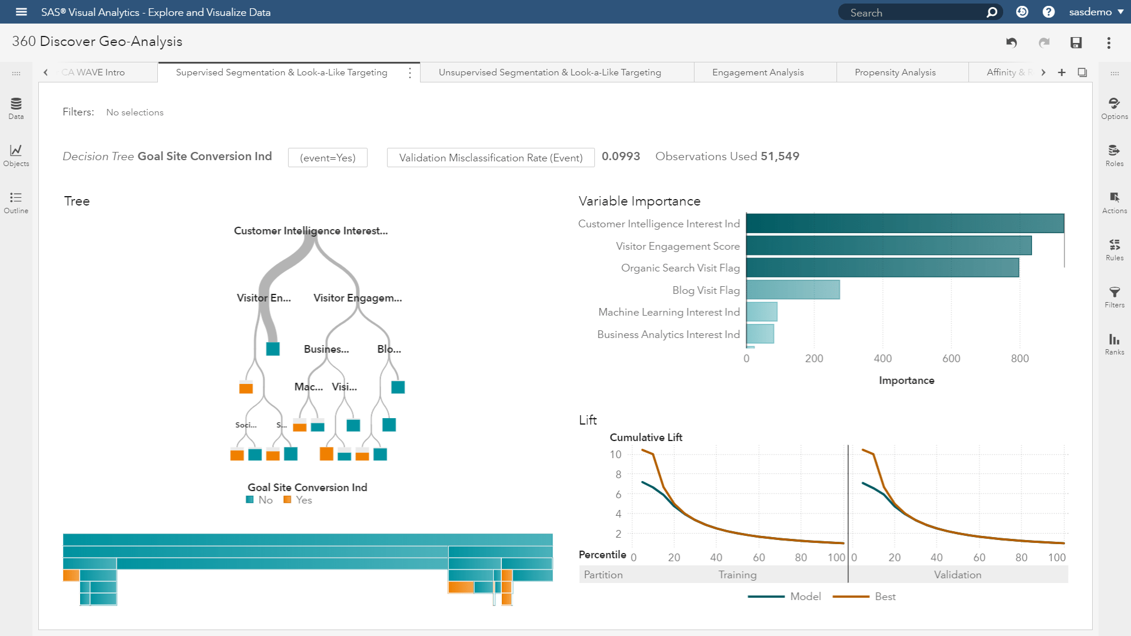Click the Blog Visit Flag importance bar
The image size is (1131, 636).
click(x=792, y=290)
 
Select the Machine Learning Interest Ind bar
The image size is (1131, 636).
click(x=762, y=312)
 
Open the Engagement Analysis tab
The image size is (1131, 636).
click(x=758, y=72)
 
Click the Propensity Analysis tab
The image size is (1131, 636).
click(x=895, y=72)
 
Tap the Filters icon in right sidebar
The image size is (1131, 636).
click(x=1114, y=297)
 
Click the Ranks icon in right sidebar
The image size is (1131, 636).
click(x=1114, y=344)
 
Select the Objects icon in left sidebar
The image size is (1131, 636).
click(x=16, y=155)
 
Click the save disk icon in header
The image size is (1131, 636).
click(x=1076, y=42)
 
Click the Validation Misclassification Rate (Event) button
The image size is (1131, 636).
click(x=490, y=158)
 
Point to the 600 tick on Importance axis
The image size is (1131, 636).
click(x=951, y=359)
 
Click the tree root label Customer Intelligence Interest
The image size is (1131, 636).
click(x=310, y=231)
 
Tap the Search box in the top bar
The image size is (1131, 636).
click(x=913, y=12)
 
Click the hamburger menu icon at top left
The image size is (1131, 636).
click(x=21, y=12)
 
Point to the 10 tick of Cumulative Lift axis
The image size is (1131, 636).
click(x=615, y=455)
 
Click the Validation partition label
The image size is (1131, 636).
click(x=957, y=575)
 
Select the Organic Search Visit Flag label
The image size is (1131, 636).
click(x=680, y=268)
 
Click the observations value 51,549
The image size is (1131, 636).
click(x=779, y=156)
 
